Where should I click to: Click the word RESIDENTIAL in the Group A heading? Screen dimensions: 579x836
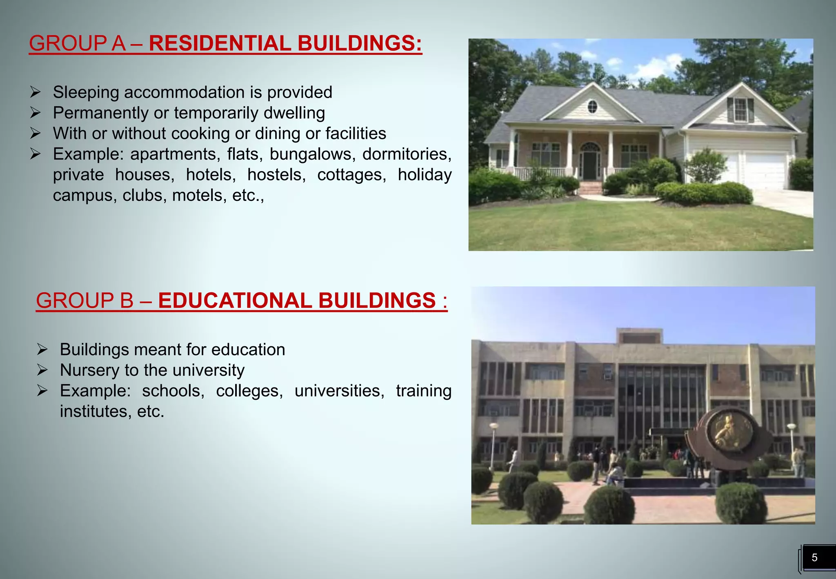tap(220, 43)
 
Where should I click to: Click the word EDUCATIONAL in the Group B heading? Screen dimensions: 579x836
tap(235, 301)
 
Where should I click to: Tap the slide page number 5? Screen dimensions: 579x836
tap(814, 558)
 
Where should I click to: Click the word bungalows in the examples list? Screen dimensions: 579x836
tap(310, 154)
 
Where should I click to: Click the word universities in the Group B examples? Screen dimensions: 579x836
tap(339, 391)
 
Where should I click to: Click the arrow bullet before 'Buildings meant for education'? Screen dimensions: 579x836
tap(42, 350)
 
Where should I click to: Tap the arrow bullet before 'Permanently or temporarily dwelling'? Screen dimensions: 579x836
tap(36, 113)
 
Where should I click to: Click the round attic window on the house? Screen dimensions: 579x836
tap(592, 107)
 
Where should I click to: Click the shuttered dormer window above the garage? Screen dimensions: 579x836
tap(740, 110)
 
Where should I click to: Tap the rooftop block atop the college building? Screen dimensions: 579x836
tap(639, 336)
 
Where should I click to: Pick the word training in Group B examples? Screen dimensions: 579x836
tap(423, 391)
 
